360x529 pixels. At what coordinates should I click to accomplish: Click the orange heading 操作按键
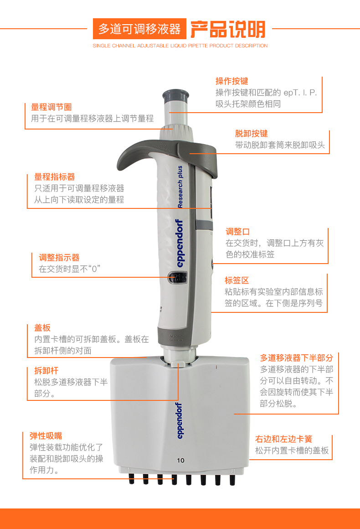pyautogui.click(x=231, y=81)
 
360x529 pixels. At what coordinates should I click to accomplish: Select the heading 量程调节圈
pyautogui.click(x=51, y=107)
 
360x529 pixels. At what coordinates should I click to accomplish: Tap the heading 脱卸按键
pyautogui.click(x=251, y=134)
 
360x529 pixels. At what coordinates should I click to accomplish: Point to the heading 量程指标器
pyautogui.click(x=55, y=177)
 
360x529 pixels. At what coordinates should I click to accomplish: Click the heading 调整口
pyautogui.click(x=237, y=232)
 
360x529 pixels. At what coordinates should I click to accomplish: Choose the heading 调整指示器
pyautogui.click(x=59, y=258)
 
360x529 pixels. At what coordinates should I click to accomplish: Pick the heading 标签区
pyautogui.click(x=237, y=280)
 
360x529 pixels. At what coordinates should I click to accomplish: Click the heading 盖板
pyautogui.click(x=42, y=328)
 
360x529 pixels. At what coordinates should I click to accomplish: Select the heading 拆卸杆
pyautogui.click(x=46, y=371)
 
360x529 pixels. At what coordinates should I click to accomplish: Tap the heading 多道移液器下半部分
pyautogui.click(x=296, y=358)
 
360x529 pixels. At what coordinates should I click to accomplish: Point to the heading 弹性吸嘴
pyautogui.click(x=46, y=436)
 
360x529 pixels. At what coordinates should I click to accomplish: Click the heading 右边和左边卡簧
pyautogui.click(x=283, y=440)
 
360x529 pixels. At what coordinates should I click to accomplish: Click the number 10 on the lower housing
pyautogui.click(x=181, y=460)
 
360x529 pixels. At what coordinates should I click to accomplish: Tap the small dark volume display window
pyautogui.click(x=177, y=277)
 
